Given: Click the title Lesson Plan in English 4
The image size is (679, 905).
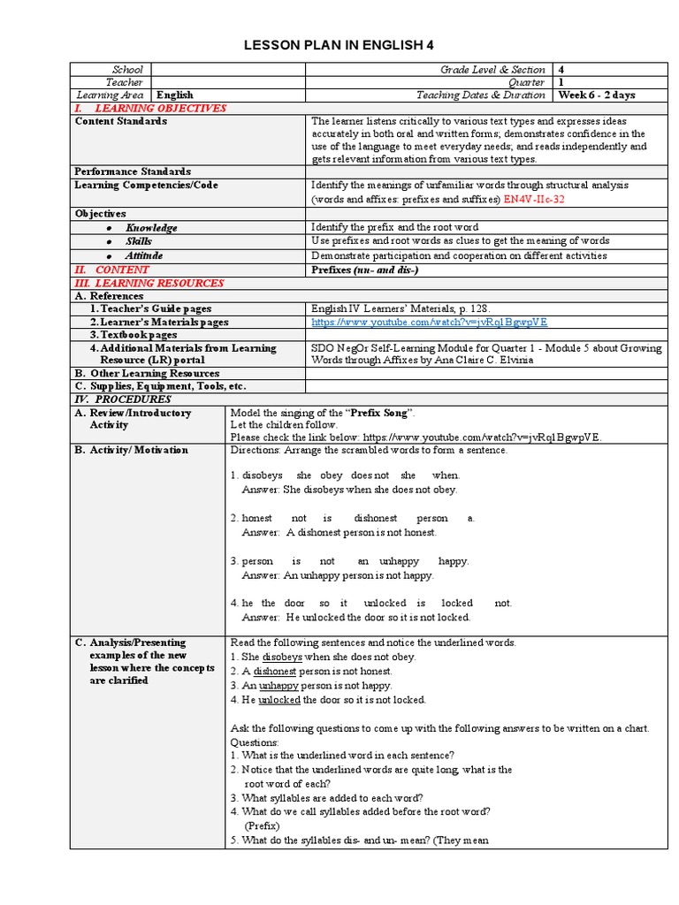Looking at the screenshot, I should click(x=339, y=45).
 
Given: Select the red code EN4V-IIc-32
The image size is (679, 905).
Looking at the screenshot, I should click(x=535, y=200).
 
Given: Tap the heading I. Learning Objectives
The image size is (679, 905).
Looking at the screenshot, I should click(x=156, y=108).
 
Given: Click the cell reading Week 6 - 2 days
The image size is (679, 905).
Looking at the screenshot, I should click(x=596, y=95).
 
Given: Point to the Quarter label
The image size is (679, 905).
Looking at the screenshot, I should click(x=527, y=82).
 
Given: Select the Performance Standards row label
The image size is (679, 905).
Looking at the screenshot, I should click(x=133, y=171).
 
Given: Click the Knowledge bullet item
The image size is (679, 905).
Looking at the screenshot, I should click(x=151, y=228).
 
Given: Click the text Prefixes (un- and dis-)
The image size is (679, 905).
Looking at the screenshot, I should click(x=365, y=270).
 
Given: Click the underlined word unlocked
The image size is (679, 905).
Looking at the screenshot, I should click(x=279, y=699).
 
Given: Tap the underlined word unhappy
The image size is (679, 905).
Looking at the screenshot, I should click(x=278, y=685).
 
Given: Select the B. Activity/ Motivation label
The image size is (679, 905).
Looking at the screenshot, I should click(x=132, y=450).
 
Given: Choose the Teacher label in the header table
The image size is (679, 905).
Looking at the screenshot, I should click(x=125, y=82).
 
